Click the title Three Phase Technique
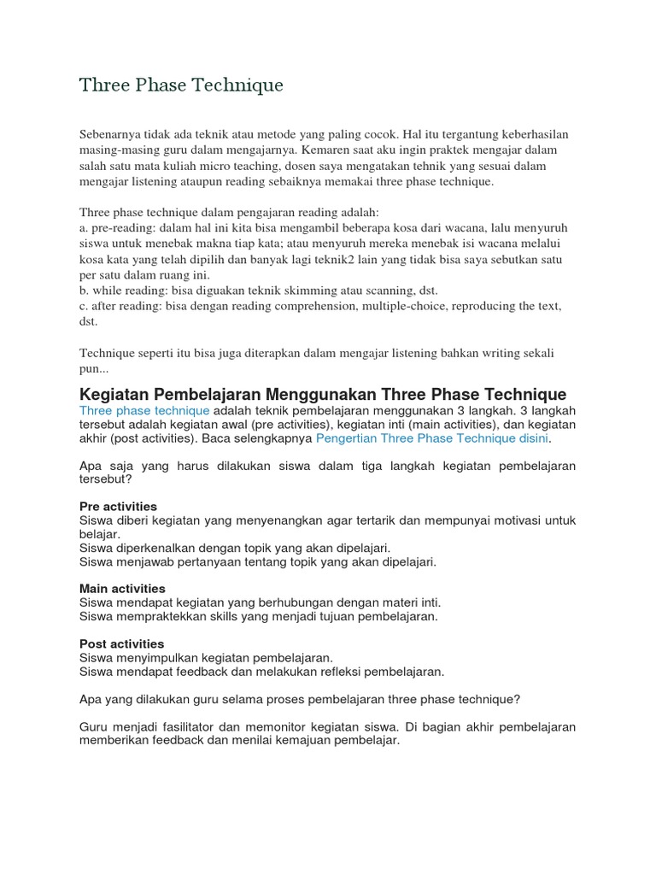pos(181,85)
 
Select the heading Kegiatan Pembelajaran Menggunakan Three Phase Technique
pos(322,394)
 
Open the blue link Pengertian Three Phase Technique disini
pos(432,437)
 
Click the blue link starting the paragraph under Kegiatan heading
pos(143,410)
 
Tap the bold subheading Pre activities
pos(118,507)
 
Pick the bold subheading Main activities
pos(122,589)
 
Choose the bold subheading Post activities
pos(121,643)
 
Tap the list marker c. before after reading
pos(84,306)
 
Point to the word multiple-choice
pos(410,306)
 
